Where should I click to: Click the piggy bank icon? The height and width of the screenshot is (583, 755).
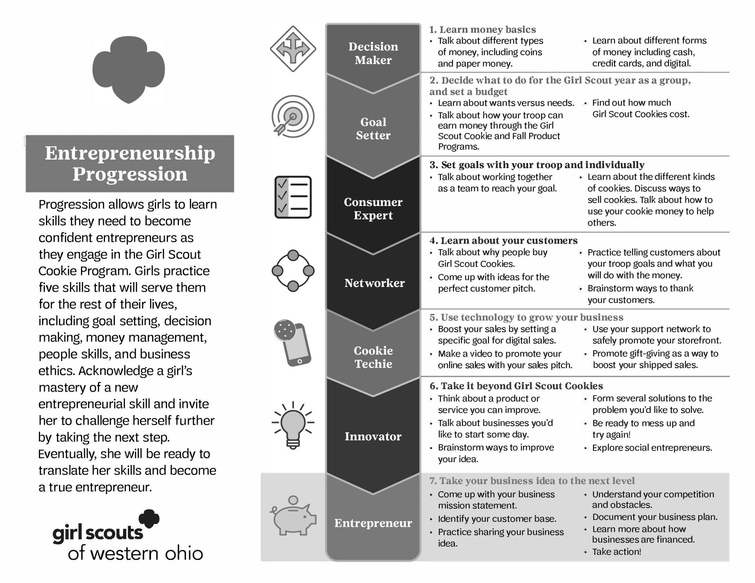(x=293, y=516)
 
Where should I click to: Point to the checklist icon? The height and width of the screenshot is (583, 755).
(x=293, y=197)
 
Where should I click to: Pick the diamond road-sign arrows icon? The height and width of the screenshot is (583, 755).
(x=293, y=49)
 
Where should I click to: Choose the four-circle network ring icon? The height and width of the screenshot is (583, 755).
(x=293, y=271)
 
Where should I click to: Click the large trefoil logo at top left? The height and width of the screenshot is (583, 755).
(x=129, y=69)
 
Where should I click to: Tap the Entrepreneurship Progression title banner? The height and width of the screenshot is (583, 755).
(x=130, y=164)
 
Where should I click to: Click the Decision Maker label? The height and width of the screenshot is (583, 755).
(x=373, y=53)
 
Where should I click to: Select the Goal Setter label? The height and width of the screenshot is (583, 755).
(x=373, y=129)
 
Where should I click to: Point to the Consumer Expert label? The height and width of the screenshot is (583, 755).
(x=373, y=208)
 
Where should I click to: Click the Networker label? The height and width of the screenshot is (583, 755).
(x=374, y=283)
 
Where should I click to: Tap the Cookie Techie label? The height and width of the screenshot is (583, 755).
(x=373, y=357)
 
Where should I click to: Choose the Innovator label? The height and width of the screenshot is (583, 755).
(x=373, y=436)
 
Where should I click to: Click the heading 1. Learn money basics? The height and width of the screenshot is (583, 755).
(x=482, y=29)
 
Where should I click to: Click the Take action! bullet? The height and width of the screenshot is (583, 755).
(x=617, y=552)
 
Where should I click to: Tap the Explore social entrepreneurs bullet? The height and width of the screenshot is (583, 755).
(x=652, y=448)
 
